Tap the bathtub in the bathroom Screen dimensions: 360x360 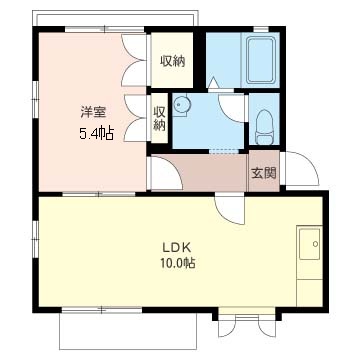[x=261, y=60]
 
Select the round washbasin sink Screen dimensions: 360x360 [x=181, y=105]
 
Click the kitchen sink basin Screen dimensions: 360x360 [x=310, y=244]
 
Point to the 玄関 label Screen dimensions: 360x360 [x=264, y=173]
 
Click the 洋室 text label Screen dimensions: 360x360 [x=93, y=112]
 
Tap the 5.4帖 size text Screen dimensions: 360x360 [x=96, y=134]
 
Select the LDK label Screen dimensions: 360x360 [x=176, y=248]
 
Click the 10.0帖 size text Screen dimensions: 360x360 [x=177, y=264]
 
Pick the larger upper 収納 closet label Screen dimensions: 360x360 [x=172, y=61]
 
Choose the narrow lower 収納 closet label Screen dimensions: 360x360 [x=160, y=119]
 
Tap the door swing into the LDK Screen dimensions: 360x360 [x=230, y=210]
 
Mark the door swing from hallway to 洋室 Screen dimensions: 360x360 [x=166, y=173]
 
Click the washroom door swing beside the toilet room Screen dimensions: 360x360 [x=232, y=108]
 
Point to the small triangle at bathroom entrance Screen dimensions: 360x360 [x=212, y=83]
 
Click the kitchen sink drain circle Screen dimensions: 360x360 [x=315, y=244]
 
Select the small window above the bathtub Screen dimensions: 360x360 [x=261, y=29]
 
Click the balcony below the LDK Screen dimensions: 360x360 [x=128, y=331]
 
